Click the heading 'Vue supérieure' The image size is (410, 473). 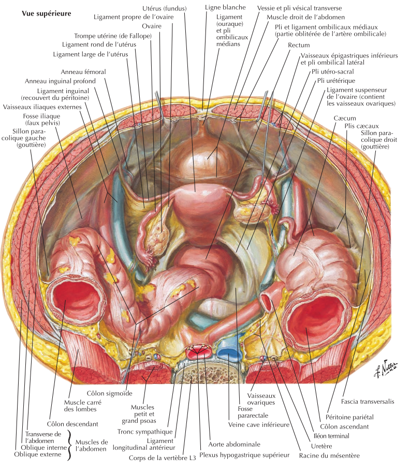(46, 12)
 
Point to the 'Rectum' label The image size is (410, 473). (299, 46)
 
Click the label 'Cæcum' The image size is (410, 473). (344, 118)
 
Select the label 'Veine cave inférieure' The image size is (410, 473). (258, 424)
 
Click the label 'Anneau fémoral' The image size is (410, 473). (83, 72)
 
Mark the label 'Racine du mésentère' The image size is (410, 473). (329, 456)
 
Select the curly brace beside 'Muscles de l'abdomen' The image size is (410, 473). (70, 447)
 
